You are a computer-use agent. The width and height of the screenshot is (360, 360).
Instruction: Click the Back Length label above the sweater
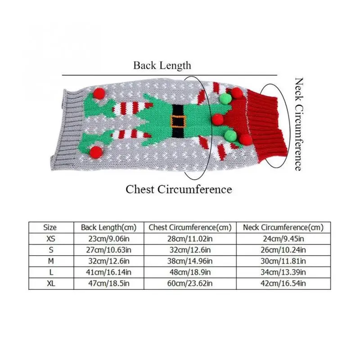point(162,65)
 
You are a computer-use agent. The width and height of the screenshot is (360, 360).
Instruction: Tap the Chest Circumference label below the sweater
point(179,189)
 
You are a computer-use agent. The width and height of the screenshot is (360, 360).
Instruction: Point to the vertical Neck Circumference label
point(299,124)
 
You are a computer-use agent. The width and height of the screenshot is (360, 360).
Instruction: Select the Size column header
point(50,227)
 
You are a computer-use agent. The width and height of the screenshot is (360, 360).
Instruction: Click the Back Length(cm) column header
point(108,227)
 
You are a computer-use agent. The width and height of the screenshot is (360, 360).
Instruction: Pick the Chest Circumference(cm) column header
point(190,227)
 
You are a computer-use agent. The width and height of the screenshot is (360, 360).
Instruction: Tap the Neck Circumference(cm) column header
point(283,227)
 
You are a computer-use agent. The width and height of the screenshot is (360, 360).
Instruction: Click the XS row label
point(51,239)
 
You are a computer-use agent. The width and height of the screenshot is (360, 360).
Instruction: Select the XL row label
point(51,283)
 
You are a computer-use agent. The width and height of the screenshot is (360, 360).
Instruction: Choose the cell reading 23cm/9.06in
point(109,239)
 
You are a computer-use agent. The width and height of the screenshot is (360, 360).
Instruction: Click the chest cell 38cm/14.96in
point(190,261)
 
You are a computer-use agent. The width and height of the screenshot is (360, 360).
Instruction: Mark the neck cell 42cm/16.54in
point(283,283)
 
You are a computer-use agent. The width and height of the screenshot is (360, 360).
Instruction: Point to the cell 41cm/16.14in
point(108,272)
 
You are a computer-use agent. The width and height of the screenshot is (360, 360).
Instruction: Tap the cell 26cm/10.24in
point(283,250)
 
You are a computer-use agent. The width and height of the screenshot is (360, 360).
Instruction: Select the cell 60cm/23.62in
point(190,283)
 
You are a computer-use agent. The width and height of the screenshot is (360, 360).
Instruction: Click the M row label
point(51,261)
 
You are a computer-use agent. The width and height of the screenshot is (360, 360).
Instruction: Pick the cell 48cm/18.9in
point(190,272)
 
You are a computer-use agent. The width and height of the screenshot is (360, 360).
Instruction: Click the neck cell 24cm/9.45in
point(283,239)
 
